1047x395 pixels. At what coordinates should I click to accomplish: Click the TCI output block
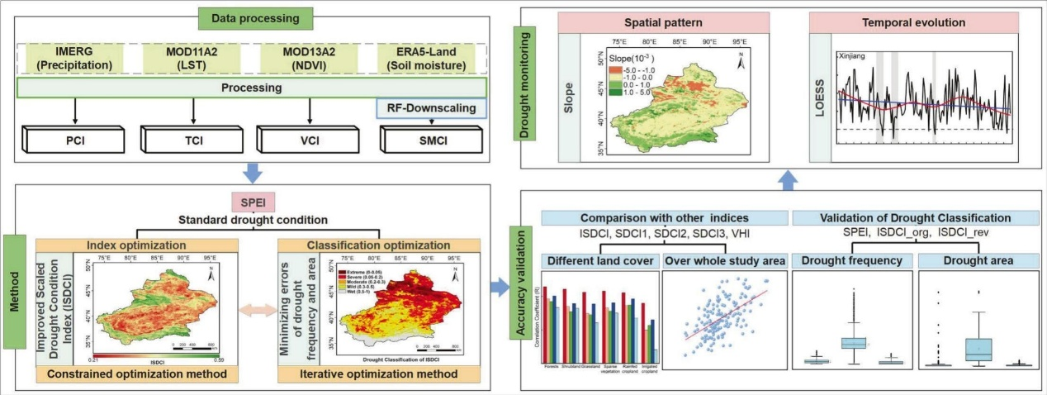pyautogui.click(x=192, y=140)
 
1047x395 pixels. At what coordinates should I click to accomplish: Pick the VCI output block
pyautogui.click(x=307, y=140)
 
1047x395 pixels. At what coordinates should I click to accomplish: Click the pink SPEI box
pyautogui.click(x=252, y=202)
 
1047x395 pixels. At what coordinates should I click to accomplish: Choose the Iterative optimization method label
pyautogui.click(x=379, y=374)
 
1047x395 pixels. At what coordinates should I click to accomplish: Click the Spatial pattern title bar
pyautogui.click(x=663, y=23)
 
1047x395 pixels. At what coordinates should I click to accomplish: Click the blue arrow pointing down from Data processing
pyautogui.click(x=253, y=172)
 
